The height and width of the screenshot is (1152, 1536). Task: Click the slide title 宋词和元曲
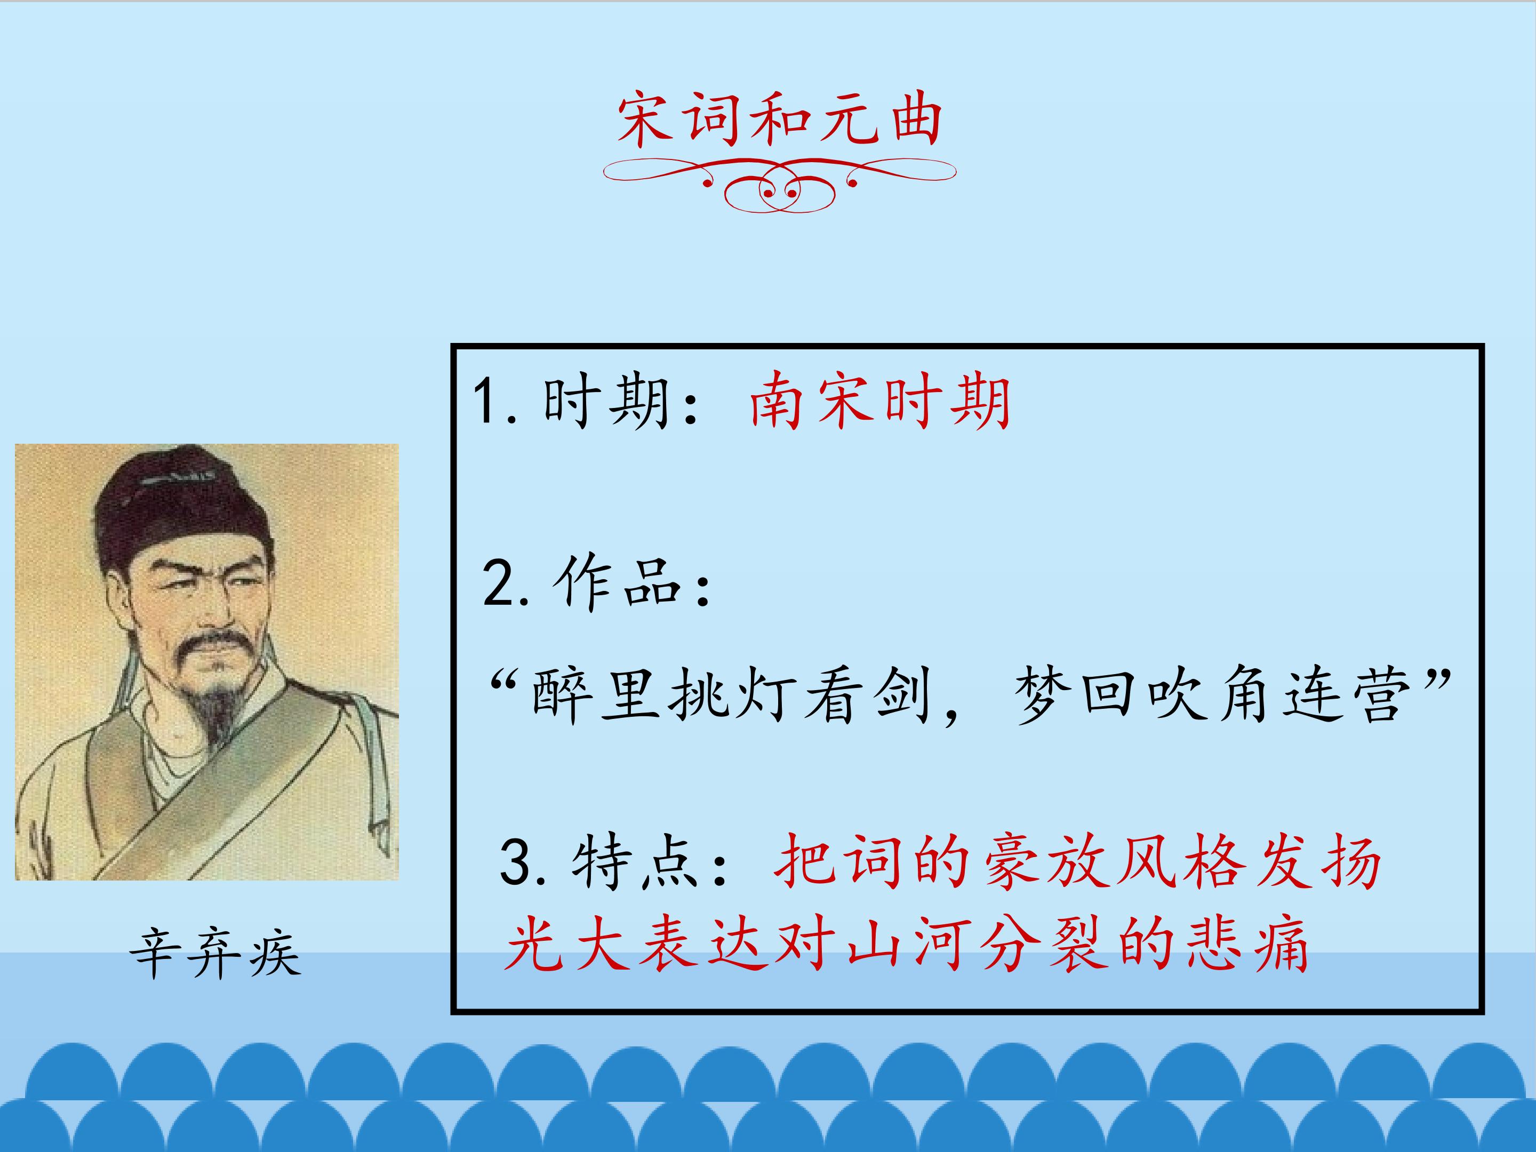tap(779, 122)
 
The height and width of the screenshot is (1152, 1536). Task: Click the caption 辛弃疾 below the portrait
tap(216, 954)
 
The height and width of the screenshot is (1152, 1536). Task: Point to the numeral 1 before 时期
tap(485, 402)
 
